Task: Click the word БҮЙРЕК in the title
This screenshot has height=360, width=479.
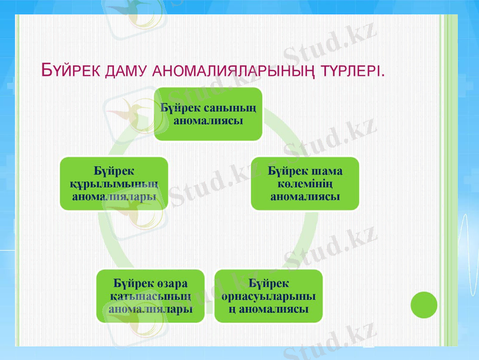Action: pos(71,70)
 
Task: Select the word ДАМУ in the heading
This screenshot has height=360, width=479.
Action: pos(126,70)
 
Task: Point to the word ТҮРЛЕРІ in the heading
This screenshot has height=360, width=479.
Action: pos(352,70)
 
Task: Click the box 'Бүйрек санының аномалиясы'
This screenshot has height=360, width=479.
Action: pos(208,114)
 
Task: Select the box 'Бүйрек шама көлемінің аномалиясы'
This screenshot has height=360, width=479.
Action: pos(305,184)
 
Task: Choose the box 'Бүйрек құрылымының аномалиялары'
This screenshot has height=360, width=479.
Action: pos(114,184)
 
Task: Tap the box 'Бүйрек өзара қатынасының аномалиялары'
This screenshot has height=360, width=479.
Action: pos(150,296)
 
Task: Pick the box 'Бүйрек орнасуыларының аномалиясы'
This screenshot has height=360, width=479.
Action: pos(269,296)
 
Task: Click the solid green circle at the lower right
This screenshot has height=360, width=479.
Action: pos(424,305)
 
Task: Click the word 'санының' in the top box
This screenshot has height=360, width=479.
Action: pos(230,108)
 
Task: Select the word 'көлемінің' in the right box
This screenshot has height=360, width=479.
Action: pos(305,184)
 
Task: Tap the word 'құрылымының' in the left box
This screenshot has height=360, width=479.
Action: pos(114,184)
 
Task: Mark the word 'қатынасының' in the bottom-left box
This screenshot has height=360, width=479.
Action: pos(150,296)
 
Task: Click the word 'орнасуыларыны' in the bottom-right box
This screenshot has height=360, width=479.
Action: pos(269,296)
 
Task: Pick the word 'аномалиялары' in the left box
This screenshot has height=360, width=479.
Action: pos(114,196)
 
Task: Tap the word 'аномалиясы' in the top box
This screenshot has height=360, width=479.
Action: pos(208,120)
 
